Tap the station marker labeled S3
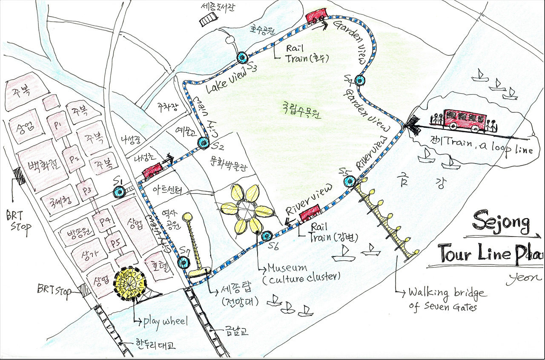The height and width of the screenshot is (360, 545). (x=241, y=57)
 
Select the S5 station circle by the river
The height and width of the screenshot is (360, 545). (x=350, y=181)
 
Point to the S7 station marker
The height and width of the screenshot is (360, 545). (x=184, y=262)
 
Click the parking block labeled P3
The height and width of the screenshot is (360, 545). (x=86, y=190)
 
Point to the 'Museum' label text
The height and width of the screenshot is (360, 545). (x=287, y=268)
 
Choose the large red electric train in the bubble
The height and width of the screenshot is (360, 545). (x=464, y=119)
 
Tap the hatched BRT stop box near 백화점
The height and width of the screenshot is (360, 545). (x=19, y=176)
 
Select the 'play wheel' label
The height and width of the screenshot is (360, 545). (x=165, y=321)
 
